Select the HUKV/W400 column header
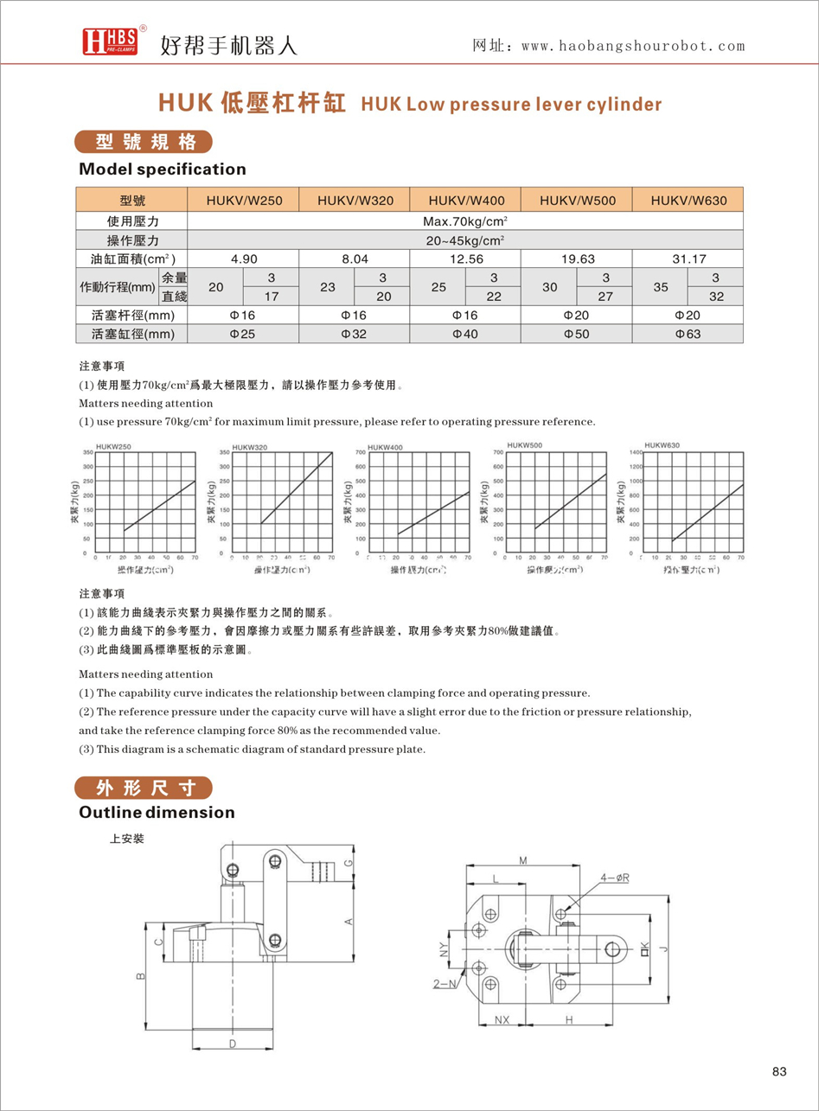click(x=466, y=201)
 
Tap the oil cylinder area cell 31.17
click(x=688, y=259)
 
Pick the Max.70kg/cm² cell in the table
click(x=465, y=220)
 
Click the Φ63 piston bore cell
click(x=688, y=335)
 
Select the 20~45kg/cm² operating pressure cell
click(x=465, y=239)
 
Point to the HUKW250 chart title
click(x=112, y=446)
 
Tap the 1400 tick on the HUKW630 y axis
click(x=634, y=452)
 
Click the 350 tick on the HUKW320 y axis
click(x=223, y=452)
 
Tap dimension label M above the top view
click(x=524, y=859)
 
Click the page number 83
click(x=778, y=1072)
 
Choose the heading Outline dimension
click(x=157, y=813)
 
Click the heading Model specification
click(x=163, y=169)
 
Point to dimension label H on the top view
click(x=569, y=1020)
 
